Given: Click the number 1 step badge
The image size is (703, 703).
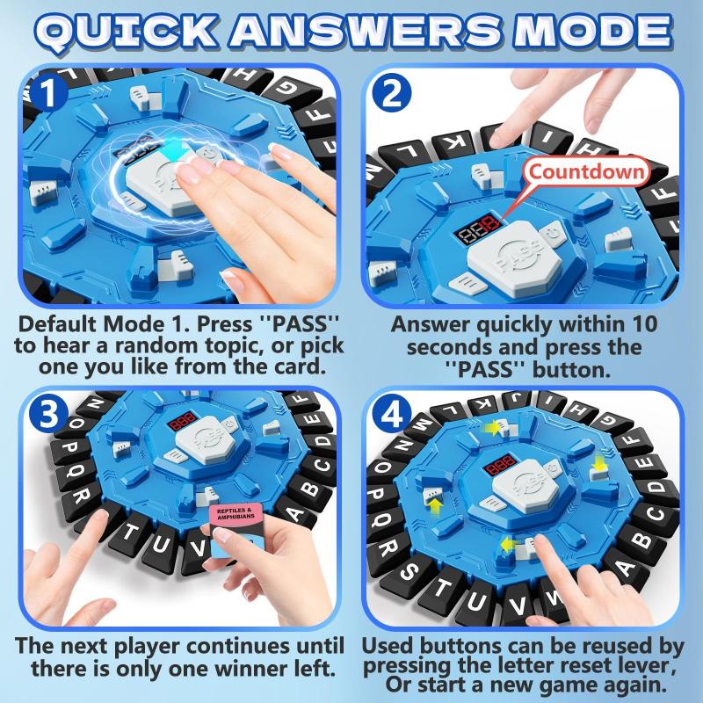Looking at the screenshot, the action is click(47, 94).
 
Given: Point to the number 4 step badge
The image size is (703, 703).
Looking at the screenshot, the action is click(391, 414).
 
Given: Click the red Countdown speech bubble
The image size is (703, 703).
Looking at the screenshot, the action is click(586, 171).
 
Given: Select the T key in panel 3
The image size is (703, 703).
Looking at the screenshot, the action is click(130, 533).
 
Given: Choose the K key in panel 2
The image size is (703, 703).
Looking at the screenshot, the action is click(456, 143).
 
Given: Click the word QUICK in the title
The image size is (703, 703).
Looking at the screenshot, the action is click(126, 32).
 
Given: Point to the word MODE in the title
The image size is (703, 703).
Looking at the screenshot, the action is click(592, 31).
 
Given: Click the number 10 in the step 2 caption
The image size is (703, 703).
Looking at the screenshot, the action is click(641, 324).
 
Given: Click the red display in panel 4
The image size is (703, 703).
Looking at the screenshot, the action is click(500, 466).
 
